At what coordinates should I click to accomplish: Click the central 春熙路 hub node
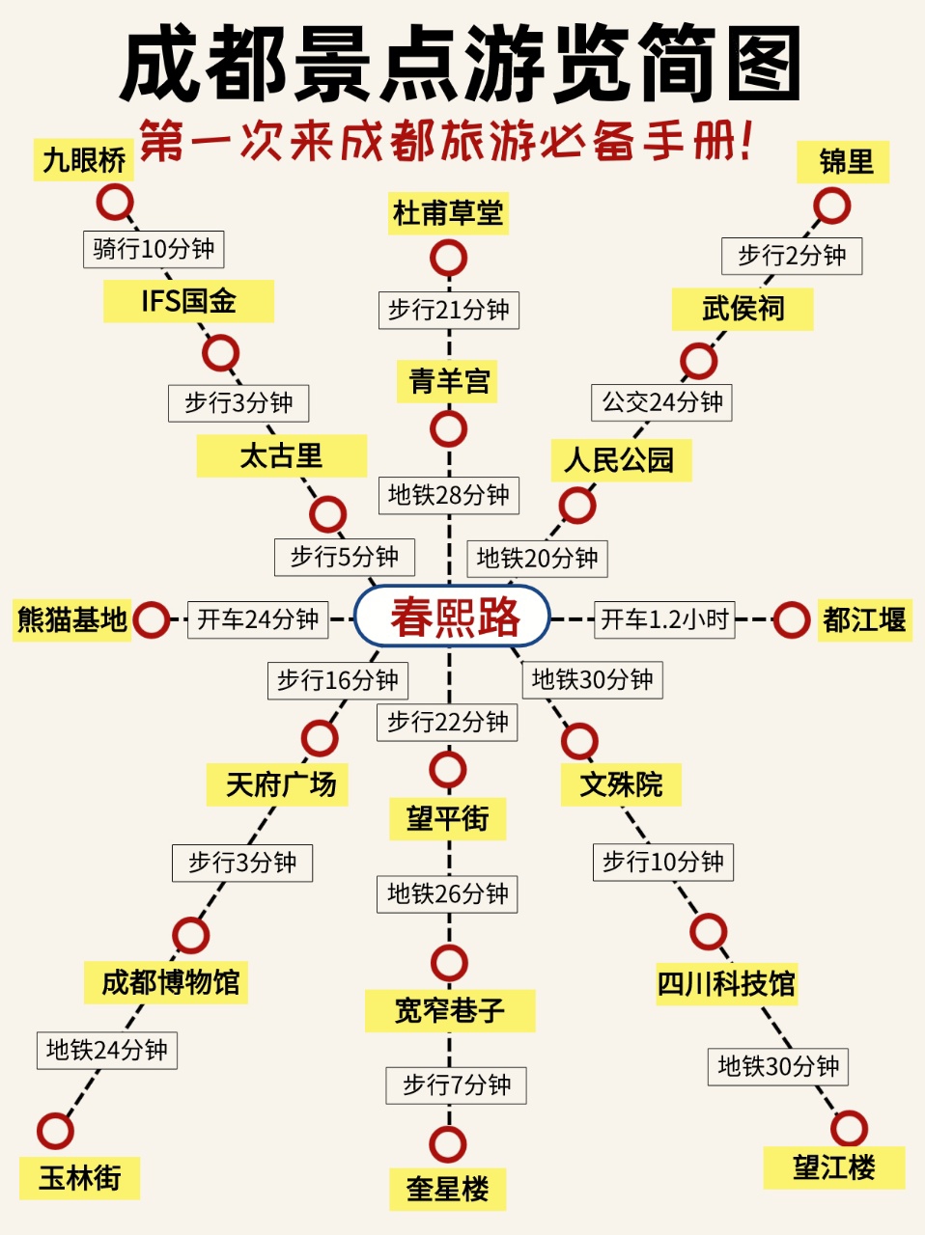point(452,617)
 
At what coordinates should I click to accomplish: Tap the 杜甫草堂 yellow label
point(448,213)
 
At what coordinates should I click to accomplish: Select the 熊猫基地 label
point(71,620)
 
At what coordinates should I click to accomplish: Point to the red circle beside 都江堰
point(792,620)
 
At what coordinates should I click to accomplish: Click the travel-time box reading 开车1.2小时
point(664,619)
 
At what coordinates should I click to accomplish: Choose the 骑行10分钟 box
point(154,249)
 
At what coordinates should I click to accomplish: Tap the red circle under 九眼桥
point(115,202)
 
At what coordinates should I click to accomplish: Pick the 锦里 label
point(843,162)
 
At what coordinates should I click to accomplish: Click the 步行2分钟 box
point(792,256)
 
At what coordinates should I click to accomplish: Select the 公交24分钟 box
point(661,402)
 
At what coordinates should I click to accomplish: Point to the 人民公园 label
point(621,460)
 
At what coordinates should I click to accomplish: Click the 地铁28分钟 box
point(449,496)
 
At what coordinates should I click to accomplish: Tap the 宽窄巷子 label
point(450,1010)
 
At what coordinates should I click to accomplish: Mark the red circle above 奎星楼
point(448,1144)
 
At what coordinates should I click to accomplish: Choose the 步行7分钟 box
point(456,1085)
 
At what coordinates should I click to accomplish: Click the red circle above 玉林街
point(55,1131)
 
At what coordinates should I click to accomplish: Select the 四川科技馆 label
point(727,984)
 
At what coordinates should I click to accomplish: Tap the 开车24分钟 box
point(258,619)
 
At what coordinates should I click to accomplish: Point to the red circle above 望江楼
point(849,1128)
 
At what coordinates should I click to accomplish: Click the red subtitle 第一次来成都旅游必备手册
point(446,141)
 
